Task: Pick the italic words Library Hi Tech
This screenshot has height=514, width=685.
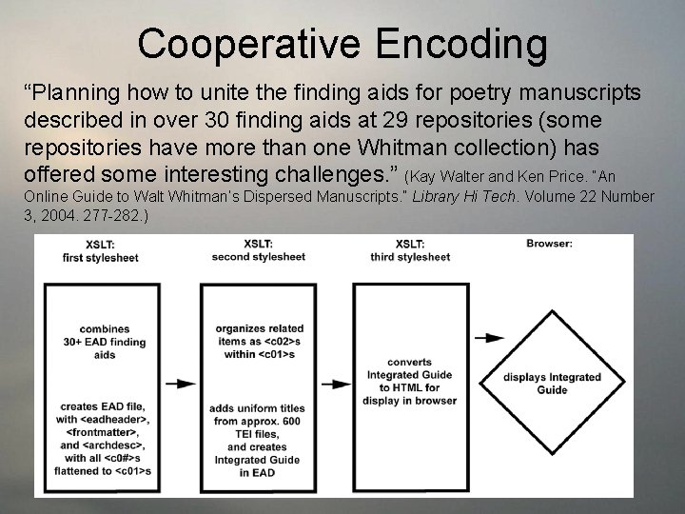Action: tap(476, 195)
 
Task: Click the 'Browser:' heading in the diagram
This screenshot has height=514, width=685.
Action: tap(549, 245)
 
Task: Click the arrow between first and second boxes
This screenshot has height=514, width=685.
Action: tap(181, 384)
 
